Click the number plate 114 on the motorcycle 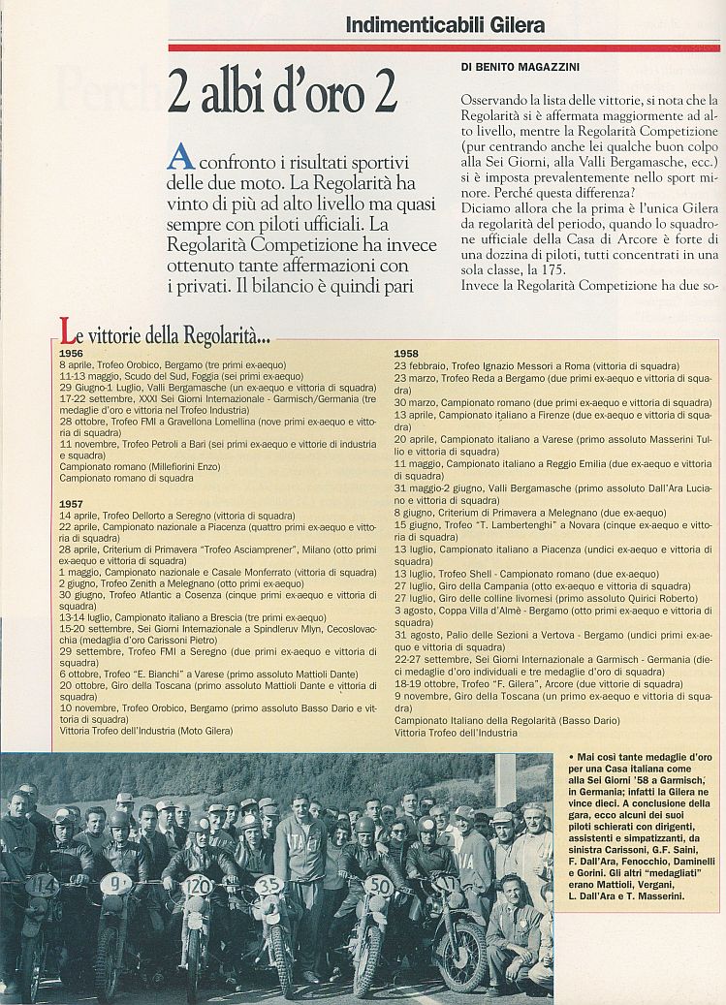[42, 886]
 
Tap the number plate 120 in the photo [196, 885]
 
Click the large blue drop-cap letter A [181, 158]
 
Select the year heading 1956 [71, 354]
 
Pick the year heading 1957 [71, 504]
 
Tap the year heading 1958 [406, 354]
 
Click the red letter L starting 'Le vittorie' [68, 332]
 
